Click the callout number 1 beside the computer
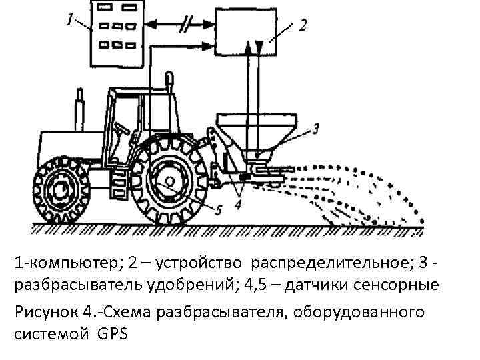71,20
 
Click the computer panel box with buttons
117,33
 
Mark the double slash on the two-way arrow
184,26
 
